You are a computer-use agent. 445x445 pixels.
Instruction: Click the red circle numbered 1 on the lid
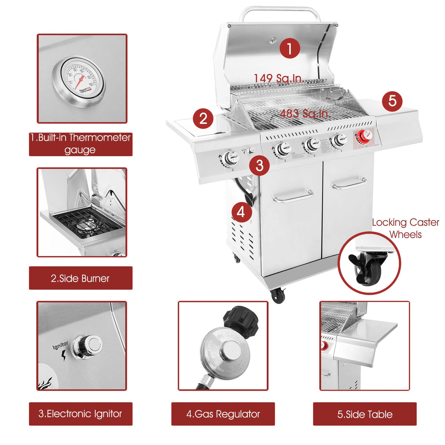pyautogui.click(x=290, y=48)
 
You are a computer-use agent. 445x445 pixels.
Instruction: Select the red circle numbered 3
pyautogui.click(x=259, y=165)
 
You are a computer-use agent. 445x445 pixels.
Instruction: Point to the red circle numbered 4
pyautogui.click(x=241, y=212)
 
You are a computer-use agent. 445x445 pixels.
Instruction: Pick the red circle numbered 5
pyautogui.click(x=392, y=100)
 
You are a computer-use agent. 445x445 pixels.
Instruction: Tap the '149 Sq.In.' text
pyautogui.click(x=279, y=78)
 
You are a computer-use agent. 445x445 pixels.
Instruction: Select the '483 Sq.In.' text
pyautogui.click(x=305, y=113)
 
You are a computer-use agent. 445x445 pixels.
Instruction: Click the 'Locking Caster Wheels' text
pyautogui.click(x=405, y=228)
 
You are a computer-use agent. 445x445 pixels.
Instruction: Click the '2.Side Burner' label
pyautogui.click(x=80, y=278)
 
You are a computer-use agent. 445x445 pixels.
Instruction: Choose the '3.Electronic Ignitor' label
pyautogui.click(x=80, y=414)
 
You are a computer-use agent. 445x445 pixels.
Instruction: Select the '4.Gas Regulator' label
pyautogui.click(x=223, y=414)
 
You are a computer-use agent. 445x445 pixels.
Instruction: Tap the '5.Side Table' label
pyautogui.click(x=365, y=414)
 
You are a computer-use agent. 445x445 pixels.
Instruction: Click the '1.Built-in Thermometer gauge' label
pyautogui.click(x=80, y=144)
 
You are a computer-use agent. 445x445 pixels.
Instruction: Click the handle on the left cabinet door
pyautogui.click(x=293, y=197)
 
